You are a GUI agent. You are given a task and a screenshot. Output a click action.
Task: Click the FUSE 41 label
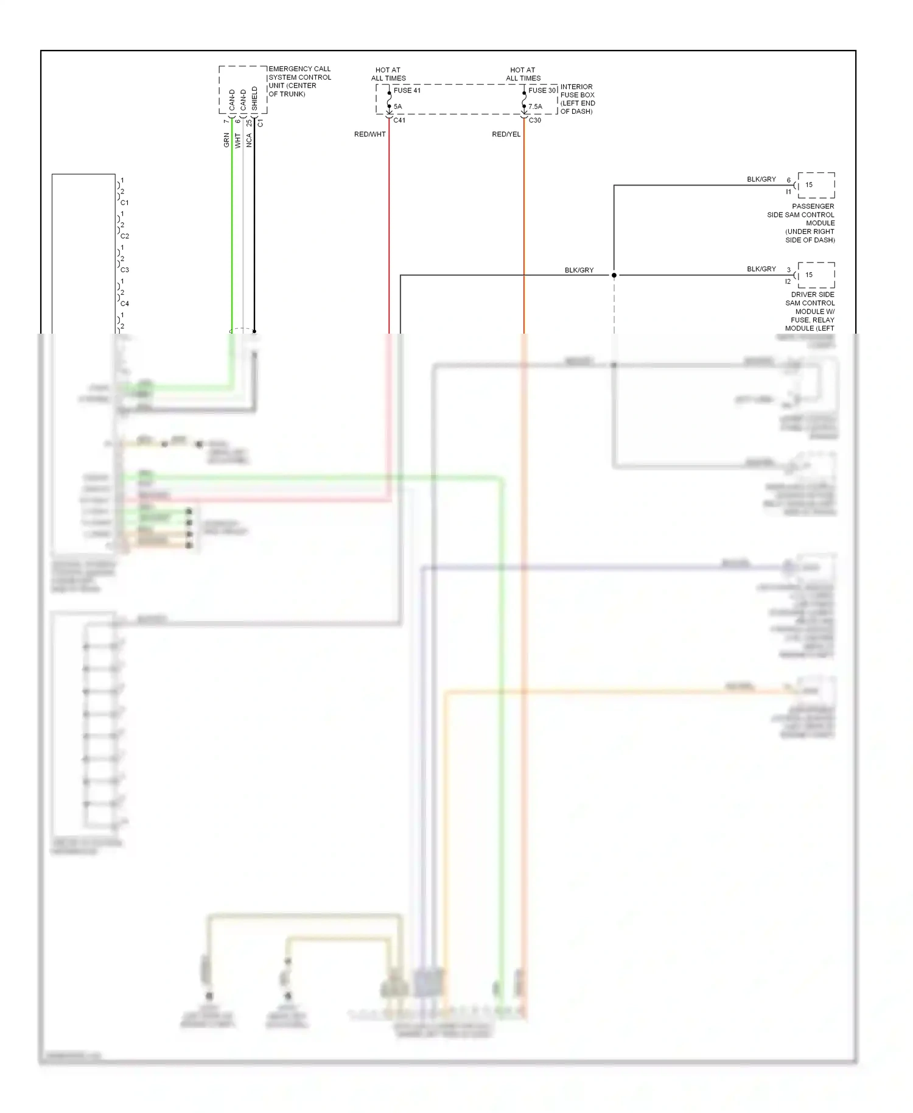tap(407, 91)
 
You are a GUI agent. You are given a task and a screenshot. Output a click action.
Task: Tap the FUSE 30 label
tap(542, 91)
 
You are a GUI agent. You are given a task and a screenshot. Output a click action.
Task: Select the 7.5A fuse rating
tap(535, 107)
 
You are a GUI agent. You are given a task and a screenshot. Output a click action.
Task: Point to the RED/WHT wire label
tap(370, 134)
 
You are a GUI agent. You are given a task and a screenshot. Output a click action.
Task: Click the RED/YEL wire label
tap(506, 134)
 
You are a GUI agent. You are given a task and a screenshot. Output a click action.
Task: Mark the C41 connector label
tap(399, 121)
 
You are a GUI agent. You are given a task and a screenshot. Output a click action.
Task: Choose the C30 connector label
tap(534, 121)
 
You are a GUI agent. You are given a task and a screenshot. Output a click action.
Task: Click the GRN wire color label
tap(226, 141)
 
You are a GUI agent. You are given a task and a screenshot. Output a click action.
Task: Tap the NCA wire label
tap(248, 141)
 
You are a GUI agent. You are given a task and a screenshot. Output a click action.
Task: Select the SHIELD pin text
tap(254, 99)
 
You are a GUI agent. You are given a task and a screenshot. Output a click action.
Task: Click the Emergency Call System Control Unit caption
tap(299, 82)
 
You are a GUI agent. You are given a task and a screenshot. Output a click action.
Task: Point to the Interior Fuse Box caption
tap(577, 99)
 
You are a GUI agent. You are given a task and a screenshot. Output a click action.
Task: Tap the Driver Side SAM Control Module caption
tap(810, 311)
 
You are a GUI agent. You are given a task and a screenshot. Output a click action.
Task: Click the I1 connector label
tap(788, 192)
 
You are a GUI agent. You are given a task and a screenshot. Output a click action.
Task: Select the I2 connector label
tap(788, 281)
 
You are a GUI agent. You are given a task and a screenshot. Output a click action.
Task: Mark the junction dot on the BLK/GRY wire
tap(614, 275)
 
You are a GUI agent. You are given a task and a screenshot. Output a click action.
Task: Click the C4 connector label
tap(125, 303)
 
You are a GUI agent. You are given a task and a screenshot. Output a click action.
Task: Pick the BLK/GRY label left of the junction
tap(579, 270)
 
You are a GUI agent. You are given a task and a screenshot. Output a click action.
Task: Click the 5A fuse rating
tap(397, 107)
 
